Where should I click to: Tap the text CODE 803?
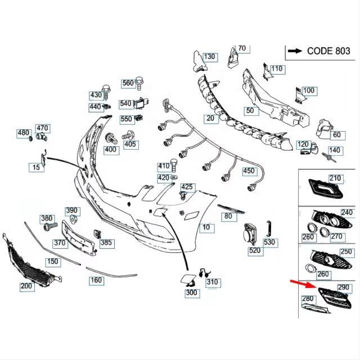coord(328,51)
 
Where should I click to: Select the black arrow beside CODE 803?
coord(294,51)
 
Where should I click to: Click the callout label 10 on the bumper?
coord(206,227)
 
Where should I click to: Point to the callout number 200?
coord(26,286)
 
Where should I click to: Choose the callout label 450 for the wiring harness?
coord(248,171)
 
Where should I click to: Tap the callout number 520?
coord(255,250)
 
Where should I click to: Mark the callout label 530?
coord(270,242)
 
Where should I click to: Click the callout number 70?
coord(242,48)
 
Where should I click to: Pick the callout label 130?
coord(209,57)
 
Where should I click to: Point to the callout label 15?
coord(37,167)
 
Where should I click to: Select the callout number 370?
coord(60,243)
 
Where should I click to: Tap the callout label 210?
coord(335,178)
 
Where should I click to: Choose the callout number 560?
coord(128,83)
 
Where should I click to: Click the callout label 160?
coord(96,280)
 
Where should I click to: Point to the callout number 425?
coord(187,187)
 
